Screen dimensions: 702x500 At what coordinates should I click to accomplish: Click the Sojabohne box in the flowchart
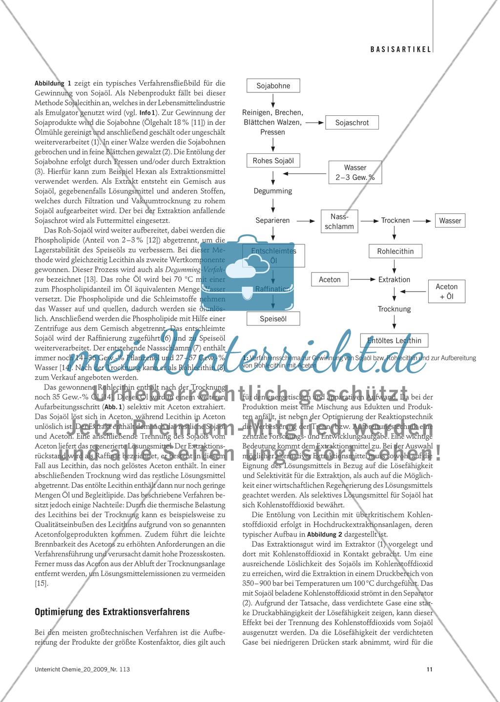[273, 86]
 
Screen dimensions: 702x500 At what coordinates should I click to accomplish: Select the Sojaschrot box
[352, 123]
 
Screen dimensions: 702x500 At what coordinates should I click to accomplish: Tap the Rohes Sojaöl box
[273, 161]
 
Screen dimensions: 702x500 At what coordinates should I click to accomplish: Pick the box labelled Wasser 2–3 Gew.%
[355, 172]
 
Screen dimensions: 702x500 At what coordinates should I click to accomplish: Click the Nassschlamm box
[339, 221]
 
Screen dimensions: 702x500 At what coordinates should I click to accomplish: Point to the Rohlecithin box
[395, 252]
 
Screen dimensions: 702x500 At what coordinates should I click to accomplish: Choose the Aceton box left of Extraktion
[330, 279]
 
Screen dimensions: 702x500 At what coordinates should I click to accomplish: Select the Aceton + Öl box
[446, 291]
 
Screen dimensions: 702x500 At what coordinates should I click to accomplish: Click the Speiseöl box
[273, 319]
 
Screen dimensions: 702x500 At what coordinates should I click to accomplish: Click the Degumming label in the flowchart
[273, 191]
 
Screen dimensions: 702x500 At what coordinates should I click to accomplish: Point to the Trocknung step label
[394, 309]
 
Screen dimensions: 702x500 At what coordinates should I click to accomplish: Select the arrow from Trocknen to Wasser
[422, 221]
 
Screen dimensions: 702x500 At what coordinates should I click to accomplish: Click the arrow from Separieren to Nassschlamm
[306, 221]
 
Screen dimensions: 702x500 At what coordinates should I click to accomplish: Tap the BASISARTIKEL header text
[400, 49]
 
